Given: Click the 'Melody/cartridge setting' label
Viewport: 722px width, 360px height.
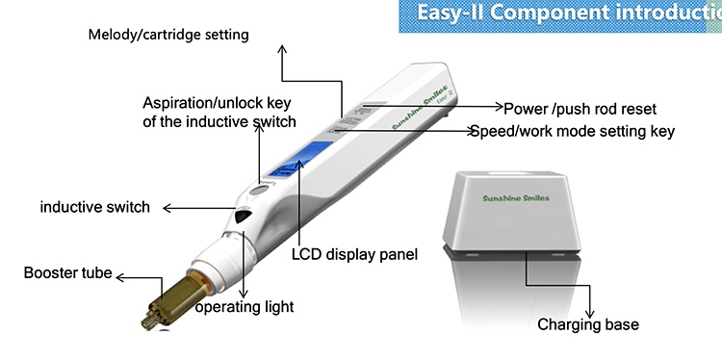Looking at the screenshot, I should click(168, 35).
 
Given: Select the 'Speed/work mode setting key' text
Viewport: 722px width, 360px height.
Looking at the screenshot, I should click(572, 131).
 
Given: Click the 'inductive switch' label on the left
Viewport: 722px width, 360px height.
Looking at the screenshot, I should click(94, 207).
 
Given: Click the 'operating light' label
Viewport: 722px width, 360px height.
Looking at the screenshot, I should click(245, 307).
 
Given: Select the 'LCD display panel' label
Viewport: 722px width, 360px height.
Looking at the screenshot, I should click(354, 255).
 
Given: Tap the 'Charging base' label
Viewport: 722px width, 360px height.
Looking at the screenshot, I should click(587, 324).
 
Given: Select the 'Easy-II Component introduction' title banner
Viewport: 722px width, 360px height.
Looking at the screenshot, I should click(561, 14).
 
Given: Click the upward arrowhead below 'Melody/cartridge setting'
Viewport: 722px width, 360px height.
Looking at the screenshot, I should click(282, 49).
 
